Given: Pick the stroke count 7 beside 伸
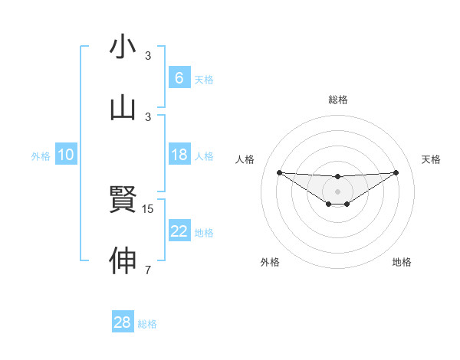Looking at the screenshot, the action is pos(148,270).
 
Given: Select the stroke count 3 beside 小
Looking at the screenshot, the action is pos(148,56).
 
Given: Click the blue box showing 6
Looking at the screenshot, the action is pos(179,78).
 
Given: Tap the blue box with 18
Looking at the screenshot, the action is pos(179,155).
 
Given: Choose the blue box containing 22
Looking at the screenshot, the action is pos(179,231).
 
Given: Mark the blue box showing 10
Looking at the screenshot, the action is pos(66,155).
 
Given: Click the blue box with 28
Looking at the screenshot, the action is pos(122,322).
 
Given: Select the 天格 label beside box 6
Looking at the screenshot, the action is pos(204,79).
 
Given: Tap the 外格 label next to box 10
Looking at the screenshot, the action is pos(41,155).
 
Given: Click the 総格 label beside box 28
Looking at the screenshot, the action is pos(147,324).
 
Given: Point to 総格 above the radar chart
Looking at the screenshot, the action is pos(337,100).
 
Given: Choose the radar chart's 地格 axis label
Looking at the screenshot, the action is pos(402,262).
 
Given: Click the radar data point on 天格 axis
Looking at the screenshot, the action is pos(396,172).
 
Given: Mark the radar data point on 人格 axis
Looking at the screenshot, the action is pos(279,172).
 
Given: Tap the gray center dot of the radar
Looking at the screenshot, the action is pos(337,191).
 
